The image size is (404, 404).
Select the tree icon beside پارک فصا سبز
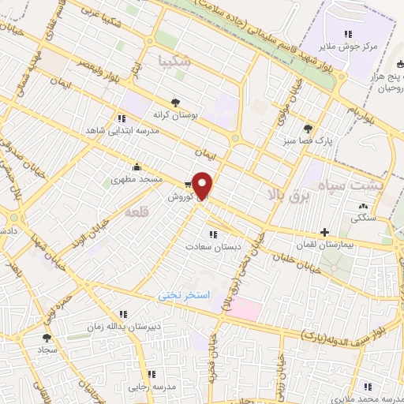click(307, 129)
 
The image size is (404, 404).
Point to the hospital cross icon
click(324, 232)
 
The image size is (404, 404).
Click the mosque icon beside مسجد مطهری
click(137, 166)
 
